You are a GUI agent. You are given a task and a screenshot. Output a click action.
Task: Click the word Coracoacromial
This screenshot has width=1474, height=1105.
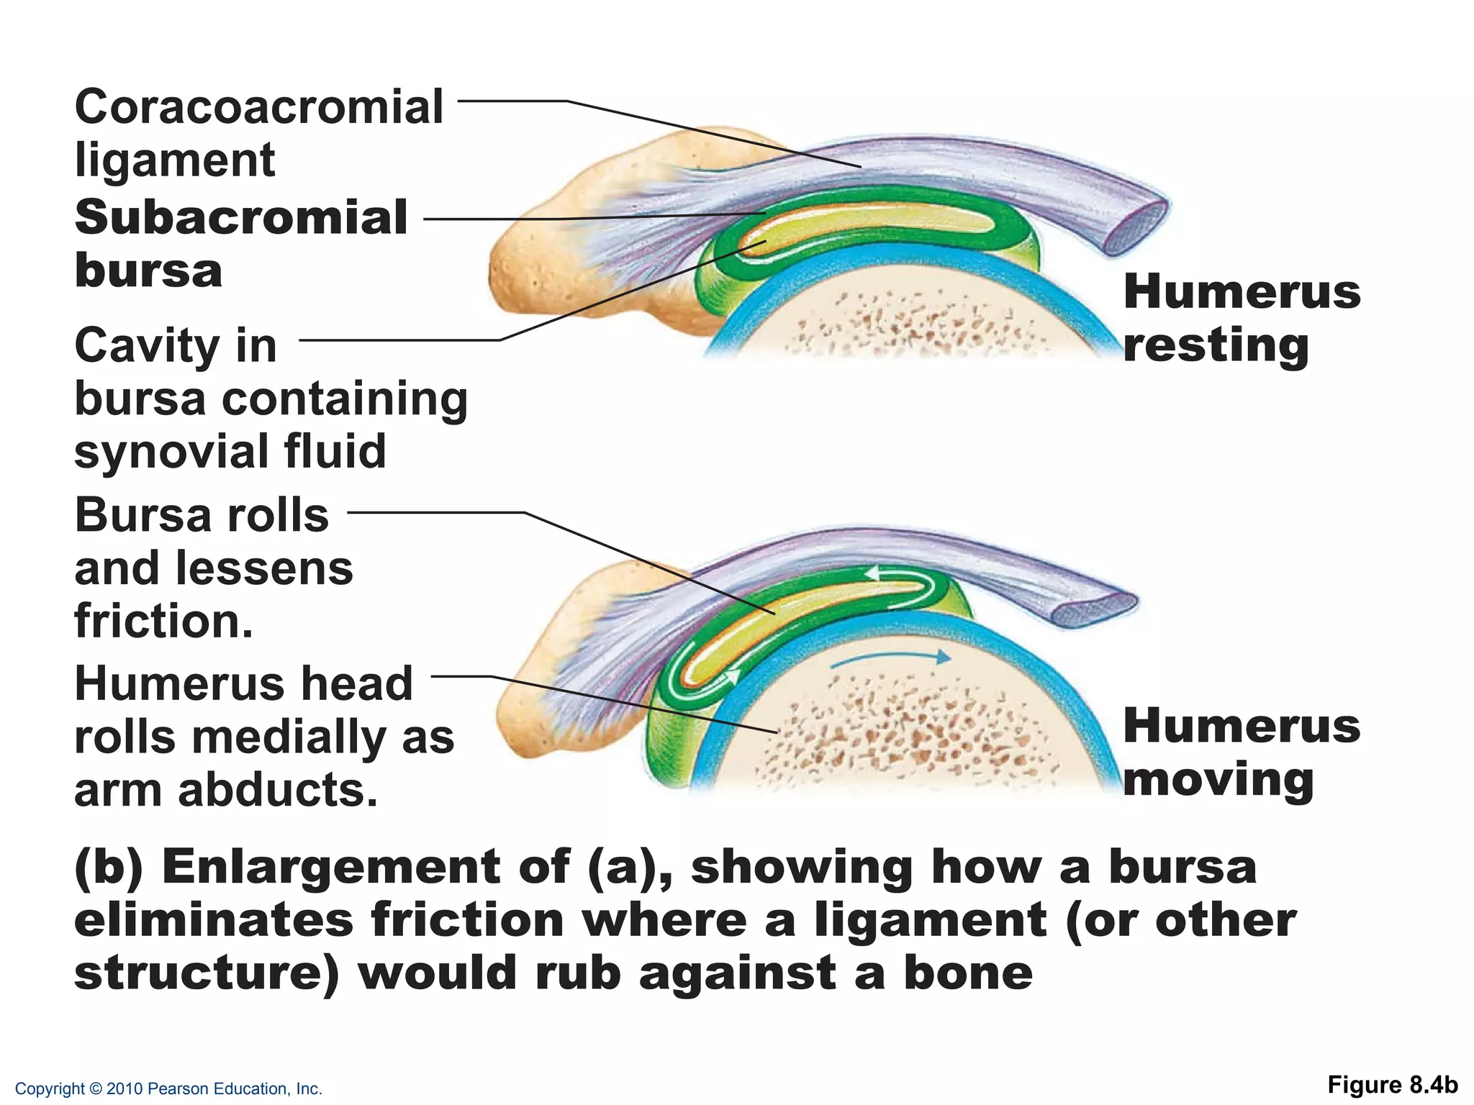258,107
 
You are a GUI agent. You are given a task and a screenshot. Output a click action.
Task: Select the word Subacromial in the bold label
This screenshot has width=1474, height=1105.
241,217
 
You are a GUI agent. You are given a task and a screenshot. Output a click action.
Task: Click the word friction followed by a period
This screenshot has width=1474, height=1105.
163,622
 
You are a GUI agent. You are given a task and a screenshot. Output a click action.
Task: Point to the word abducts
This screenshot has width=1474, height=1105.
277,790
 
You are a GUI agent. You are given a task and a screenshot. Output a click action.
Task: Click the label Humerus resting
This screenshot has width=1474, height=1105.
1241,319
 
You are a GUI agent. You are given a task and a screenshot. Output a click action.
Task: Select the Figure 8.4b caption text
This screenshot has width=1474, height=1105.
1392,1084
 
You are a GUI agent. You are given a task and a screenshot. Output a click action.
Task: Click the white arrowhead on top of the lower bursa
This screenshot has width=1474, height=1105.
872,573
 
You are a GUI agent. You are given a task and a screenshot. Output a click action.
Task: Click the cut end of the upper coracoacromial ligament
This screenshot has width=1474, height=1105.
1136,228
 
